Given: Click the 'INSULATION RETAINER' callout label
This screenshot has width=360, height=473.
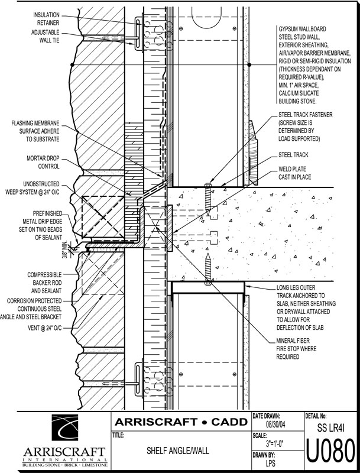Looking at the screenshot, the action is pyautogui.click(x=46, y=19).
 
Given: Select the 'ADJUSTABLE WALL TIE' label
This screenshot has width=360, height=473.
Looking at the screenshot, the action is pyautogui.click(x=46, y=36).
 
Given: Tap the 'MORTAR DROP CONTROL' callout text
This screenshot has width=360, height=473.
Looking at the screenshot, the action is pyautogui.click(x=43, y=162).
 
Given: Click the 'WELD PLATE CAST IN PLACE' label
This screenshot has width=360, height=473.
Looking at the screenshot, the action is pyautogui.click(x=294, y=173).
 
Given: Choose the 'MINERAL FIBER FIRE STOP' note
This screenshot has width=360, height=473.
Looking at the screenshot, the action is pyautogui.click(x=296, y=349).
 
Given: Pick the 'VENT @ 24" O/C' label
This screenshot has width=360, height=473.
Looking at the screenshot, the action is pyautogui.click(x=44, y=328).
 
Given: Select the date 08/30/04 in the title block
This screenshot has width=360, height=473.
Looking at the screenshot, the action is pyautogui.click(x=275, y=425).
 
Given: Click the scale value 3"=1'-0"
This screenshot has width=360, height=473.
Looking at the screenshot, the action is pyautogui.click(x=274, y=444).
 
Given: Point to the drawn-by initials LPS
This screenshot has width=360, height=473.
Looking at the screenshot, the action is pyautogui.click(x=271, y=463).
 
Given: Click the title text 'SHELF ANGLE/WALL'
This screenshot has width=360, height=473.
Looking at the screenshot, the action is pyautogui.click(x=178, y=451).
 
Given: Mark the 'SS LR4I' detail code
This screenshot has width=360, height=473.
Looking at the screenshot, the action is pyautogui.click(x=331, y=427).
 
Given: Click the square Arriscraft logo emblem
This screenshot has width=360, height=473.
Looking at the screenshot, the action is pyautogui.click(x=65, y=427).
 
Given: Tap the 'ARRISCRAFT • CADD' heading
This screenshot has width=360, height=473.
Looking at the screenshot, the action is pyautogui.click(x=181, y=422).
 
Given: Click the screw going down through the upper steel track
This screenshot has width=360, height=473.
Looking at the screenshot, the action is pyautogui.click(x=207, y=197).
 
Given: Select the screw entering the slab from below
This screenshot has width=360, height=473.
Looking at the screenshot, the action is pyautogui.click(x=207, y=270).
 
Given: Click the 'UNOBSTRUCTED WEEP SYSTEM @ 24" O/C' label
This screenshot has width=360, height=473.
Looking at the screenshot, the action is pyautogui.click(x=33, y=187).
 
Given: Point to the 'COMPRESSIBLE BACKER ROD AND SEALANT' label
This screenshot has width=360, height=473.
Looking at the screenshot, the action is pyautogui.click(x=44, y=283).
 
